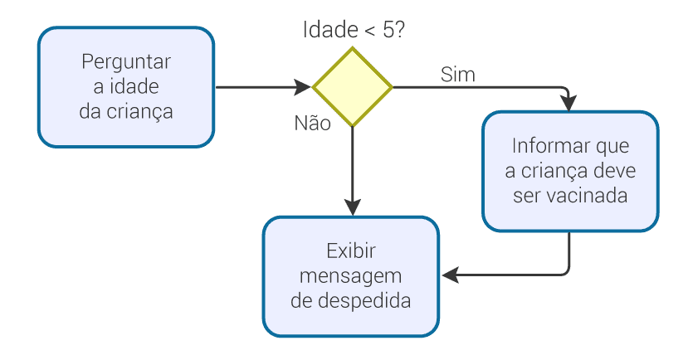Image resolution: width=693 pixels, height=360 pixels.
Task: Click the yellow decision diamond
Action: [353, 86]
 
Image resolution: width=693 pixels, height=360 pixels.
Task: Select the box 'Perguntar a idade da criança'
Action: [126, 87]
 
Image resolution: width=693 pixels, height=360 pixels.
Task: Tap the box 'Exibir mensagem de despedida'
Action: [351, 276]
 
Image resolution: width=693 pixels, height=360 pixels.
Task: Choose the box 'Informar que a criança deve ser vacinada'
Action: [571, 171]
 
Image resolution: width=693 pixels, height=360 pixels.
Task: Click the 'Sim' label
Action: [457, 75]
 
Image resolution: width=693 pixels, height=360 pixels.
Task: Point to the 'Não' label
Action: [313, 123]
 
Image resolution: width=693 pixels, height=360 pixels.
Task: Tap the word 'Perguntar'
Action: [126, 62]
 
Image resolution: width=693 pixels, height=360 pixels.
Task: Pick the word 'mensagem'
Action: [351, 275]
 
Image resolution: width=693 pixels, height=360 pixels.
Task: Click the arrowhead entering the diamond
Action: [305, 86]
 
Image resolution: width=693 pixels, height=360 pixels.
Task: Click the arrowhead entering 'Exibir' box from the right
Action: [449, 274]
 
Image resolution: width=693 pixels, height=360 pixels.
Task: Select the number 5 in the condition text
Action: [390, 31]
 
